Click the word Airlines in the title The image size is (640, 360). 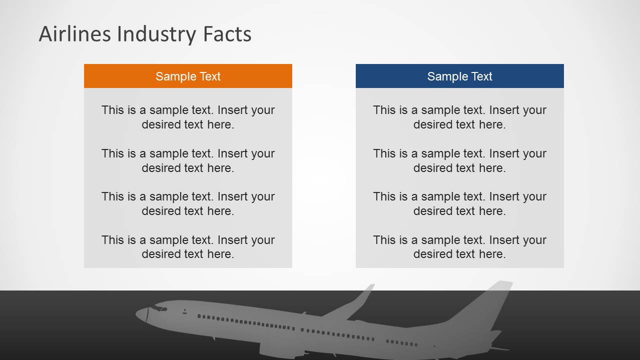coord(75,34)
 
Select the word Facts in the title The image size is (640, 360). coord(227,34)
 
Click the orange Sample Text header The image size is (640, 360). coord(188,76)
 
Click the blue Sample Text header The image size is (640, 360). coord(459,76)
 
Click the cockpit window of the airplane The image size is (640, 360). coord(159,308)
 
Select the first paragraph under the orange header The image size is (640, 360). coord(188,117)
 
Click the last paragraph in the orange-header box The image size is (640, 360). coord(188,247)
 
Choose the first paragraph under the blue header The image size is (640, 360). coord(459,117)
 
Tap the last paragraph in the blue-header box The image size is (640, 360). coord(459,247)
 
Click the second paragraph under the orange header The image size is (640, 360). coord(188,160)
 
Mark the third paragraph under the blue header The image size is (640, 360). coord(459,203)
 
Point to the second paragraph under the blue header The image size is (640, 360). coord(459,160)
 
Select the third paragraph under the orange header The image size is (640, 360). coord(188,203)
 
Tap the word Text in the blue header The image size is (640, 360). coord(481,76)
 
